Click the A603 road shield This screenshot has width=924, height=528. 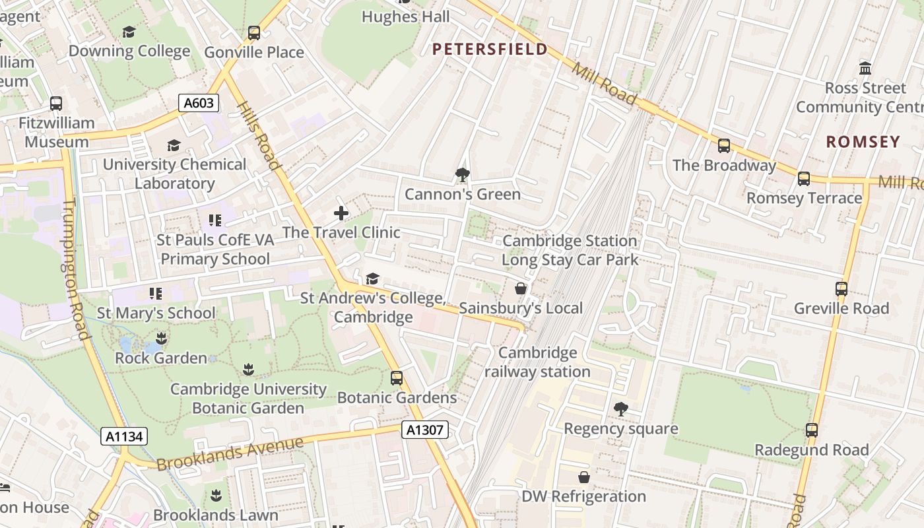tap(198, 103)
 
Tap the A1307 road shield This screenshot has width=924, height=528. tap(425, 430)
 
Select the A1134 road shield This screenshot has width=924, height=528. tap(124, 436)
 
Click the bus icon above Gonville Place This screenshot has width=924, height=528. tap(254, 33)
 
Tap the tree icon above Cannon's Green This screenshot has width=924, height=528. tap(463, 175)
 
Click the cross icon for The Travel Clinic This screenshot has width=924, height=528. tap(341, 213)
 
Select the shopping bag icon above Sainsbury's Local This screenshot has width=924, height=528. tap(521, 288)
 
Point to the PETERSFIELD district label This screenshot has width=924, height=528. tap(490, 49)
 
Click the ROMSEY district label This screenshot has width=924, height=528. tap(863, 141)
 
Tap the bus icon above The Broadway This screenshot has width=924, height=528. tap(724, 146)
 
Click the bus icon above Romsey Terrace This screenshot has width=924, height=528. tap(804, 179)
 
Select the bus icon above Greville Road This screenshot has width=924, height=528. tap(841, 289)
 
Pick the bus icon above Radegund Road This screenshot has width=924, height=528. tap(812, 430)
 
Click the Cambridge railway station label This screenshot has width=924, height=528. tap(537, 362)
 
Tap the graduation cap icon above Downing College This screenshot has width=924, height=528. tap(129, 32)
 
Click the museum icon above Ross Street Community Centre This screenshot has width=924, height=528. tap(865, 68)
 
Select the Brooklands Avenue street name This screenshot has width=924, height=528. tap(230, 452)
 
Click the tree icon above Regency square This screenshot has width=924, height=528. tap(620, 409)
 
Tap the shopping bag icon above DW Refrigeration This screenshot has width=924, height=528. tap(584, 477)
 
